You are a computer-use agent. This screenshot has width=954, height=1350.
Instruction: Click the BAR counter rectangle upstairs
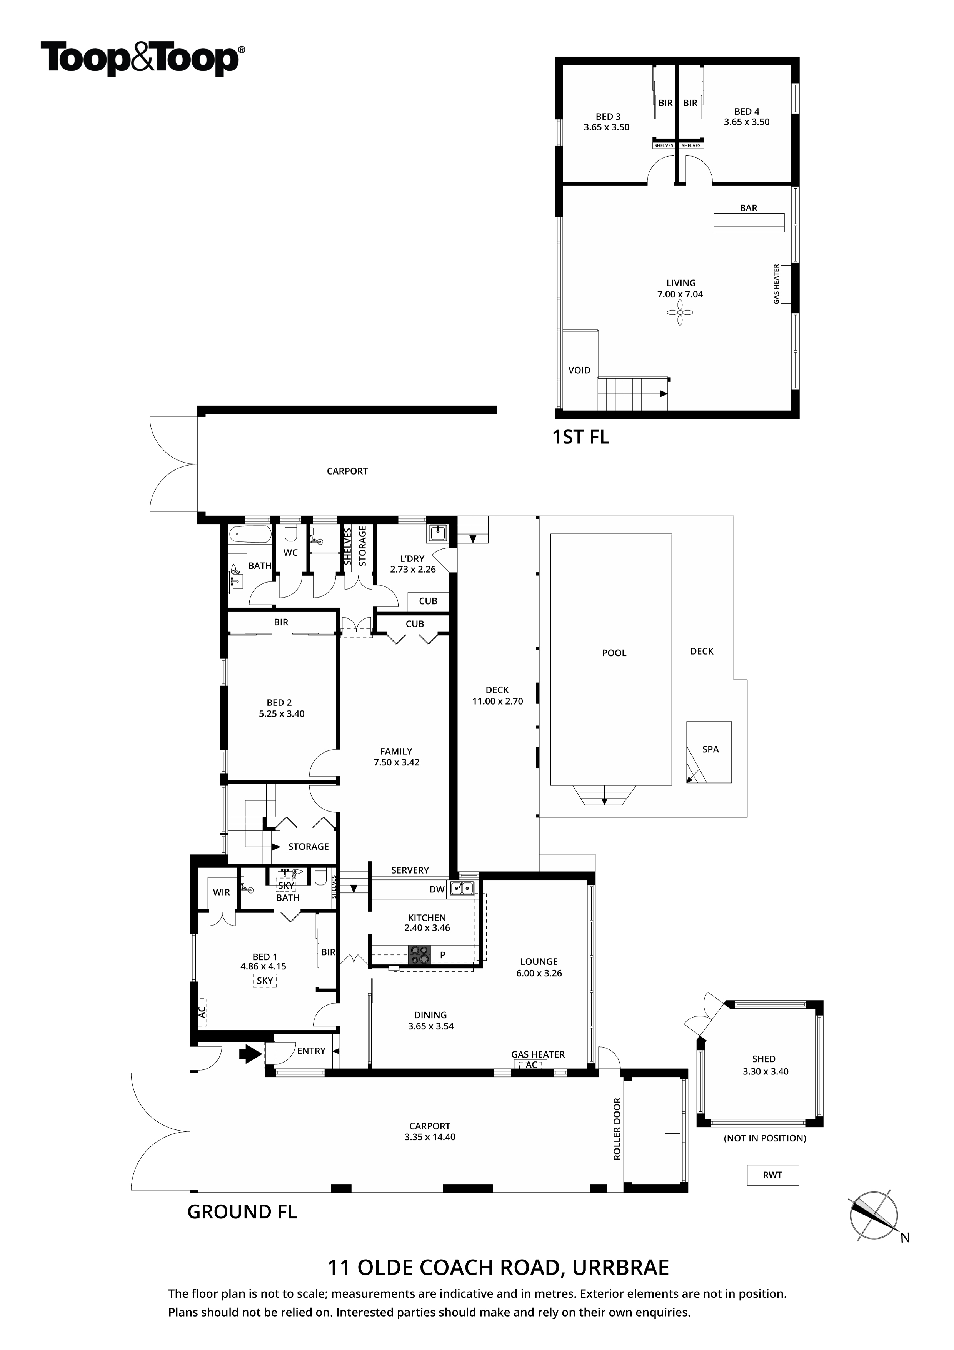coord(749,223)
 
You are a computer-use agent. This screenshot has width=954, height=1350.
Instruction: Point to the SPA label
coord(710,749)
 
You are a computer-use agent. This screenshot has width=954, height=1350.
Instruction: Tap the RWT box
coord(772,1175)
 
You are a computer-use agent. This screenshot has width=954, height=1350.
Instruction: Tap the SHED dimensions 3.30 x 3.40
coord(766,1071)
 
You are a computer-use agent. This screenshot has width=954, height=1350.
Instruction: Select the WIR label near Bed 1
coord(221,892)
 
